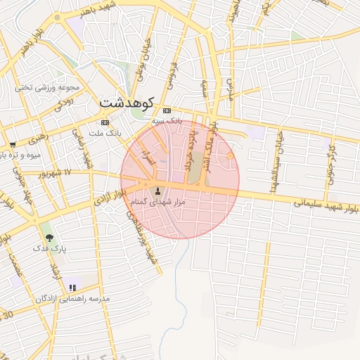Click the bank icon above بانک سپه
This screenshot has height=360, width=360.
167,111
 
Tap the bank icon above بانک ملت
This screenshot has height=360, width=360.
105,122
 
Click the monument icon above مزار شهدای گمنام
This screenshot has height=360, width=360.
157,191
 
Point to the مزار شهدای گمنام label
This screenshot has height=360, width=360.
157,202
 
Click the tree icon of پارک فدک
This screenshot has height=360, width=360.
49,238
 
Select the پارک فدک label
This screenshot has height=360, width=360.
49,248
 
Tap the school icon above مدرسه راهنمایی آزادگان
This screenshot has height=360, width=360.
72,288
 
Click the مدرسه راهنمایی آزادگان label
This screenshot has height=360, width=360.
73,299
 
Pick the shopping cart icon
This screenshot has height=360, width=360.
13,144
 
